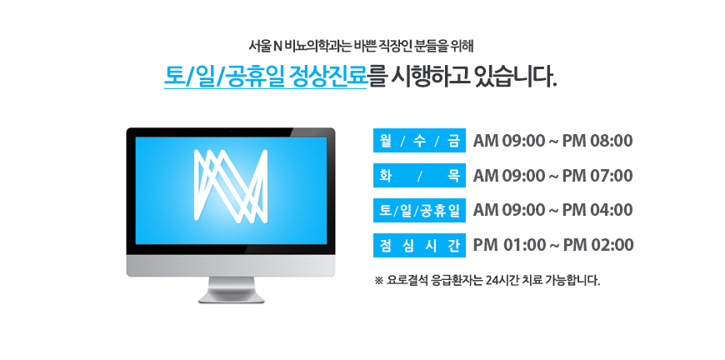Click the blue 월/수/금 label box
(x=419, y=141)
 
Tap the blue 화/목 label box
(x=419, y=176)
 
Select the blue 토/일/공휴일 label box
(x=419, y=210)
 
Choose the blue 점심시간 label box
(x=419, y=245)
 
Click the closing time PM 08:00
(x=597, y=141)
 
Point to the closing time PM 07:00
(x=597, y=176)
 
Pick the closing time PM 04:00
(x=597, y=210)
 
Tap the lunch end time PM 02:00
(x=597, y=245)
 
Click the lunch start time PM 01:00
(x=509, y=245)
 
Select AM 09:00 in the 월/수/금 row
(x=509, y=141)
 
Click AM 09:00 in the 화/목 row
(x=509, y=176)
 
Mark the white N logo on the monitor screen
(x=231, y=185)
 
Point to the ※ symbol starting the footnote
(x=378, y=281)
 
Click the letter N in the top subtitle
(x=272, y=46)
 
